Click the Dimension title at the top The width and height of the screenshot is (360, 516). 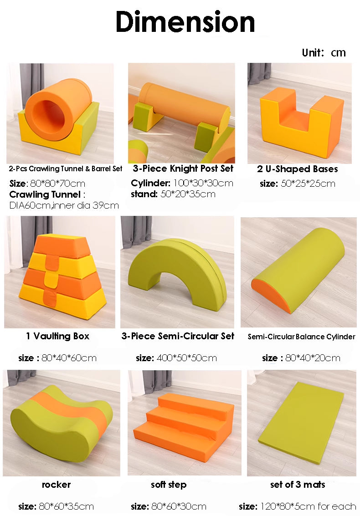(x=185, y=22)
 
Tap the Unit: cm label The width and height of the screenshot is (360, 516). (x=324, y=53)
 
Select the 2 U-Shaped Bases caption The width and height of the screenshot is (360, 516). (x=298, y=169)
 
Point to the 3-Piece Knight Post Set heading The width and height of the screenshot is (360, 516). (x=183, y=169)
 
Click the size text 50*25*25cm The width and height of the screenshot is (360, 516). (x=308, y=184)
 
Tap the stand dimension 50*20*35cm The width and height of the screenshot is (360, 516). (x=188, y=194)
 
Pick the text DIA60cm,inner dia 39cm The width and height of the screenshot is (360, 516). (x=64, y=205)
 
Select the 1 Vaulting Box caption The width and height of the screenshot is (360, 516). (x=57, y=336)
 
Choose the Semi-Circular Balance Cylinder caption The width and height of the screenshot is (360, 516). (x=301, y=337)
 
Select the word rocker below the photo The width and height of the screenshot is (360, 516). (x=57, y=485)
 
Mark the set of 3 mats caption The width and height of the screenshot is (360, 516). (x=298, y=485)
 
